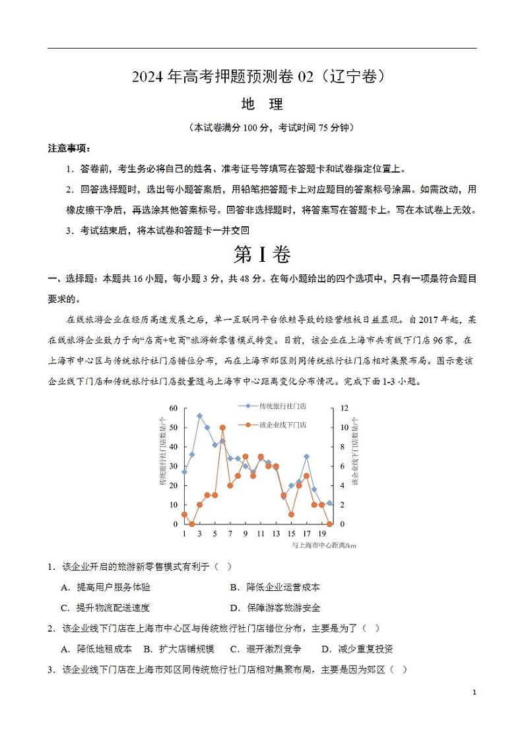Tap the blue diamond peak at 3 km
click(x=199, y=416)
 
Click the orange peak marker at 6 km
click(x=222, y=427)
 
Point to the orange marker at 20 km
click(x=329, y=524)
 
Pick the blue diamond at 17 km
click(x=306, y=456)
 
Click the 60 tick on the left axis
click(x=174, y=408)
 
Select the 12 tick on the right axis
click(x=344, y=408)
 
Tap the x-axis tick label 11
click(x=261, y=533)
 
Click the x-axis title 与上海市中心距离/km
click(x=323, y=545)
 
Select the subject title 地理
click(x=262, y=104)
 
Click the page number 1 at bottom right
click(x=475, y=693)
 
